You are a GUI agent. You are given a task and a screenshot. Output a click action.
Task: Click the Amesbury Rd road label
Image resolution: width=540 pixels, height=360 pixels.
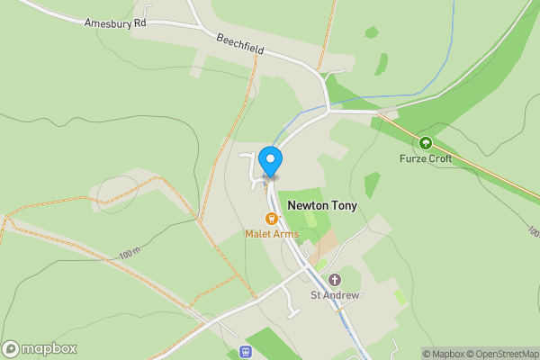pyautogui.click(x=115, y=22)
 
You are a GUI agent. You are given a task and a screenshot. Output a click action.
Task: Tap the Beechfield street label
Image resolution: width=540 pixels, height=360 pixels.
pyautogui.click(x=239, y=43)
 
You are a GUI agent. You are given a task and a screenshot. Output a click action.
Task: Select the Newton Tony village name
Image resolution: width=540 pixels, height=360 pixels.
pyautogui.click(x=322, y=206)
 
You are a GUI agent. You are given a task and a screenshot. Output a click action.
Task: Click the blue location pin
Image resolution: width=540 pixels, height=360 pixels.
pyautogui.click(x=270, y=160)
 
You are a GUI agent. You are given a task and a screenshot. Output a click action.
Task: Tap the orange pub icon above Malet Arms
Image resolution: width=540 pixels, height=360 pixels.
pyautogui.click(x=270, y=219)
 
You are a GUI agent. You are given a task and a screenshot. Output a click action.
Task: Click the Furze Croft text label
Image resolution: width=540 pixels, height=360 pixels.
pyautogui.click(x=426, y=158)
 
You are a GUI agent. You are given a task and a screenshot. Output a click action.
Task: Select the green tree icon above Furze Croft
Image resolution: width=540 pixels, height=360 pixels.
pyautogui.click(x=426, y=142)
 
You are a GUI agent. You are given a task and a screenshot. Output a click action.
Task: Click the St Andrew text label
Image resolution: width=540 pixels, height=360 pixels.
pyautogui.click(x=335, y=295)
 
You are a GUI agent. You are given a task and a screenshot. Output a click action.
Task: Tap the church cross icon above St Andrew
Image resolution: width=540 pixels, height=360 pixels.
pyautogui.click(x=335, y=280)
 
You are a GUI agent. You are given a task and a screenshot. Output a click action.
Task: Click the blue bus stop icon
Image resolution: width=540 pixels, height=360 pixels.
pyautogui.click(x=244, y=352)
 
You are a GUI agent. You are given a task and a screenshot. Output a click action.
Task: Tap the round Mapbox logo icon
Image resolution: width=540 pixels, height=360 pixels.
pyautogui.click(x=12, y=349)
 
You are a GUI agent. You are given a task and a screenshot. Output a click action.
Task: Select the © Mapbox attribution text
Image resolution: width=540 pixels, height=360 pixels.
pyautogui.click(x=444, y=354)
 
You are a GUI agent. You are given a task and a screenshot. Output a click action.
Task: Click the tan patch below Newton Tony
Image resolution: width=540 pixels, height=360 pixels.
pyautogui.click(x=328, y=242)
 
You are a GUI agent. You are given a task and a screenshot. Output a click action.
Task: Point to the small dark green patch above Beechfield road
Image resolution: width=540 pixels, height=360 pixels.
pyautogui.click(x=371, y=32)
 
